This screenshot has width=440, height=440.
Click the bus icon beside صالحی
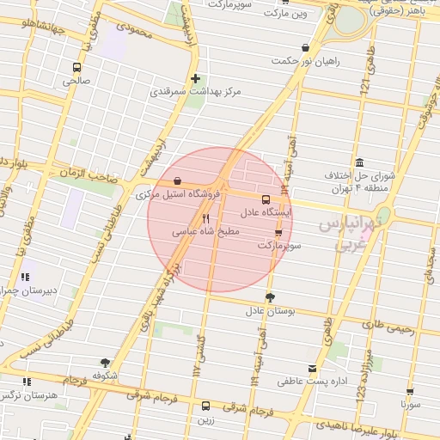tap(77, 68)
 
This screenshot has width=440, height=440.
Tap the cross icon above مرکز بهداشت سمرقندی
tap(196, 78)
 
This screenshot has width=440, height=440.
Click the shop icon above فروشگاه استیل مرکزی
tap(177, 181)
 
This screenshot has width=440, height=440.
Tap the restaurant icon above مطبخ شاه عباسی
tap(205, 218)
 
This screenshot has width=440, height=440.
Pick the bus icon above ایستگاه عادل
tap(265, 199)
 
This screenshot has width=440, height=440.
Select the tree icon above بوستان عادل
tap(271, 297)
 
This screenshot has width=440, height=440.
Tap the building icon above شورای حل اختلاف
tap(358, 162)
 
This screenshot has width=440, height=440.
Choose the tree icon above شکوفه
tap(105, 363)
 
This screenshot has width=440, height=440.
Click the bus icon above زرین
tap(205, 406)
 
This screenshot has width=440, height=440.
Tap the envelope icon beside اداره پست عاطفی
tap(351, 367)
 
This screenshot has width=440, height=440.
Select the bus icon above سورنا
tap(409, 391)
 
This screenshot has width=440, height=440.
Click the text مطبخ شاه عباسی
tap(210, 231)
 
